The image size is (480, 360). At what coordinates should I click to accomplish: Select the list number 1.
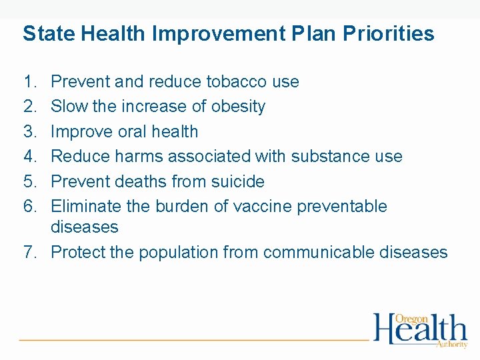pyautogui.click(x=29, y=82)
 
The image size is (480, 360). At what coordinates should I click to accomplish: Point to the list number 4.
pyautogui.click(x=29, y=157)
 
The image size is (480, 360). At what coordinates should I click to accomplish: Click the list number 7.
pyautogui.click(x=29, y=253)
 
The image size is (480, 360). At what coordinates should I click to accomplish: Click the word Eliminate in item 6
pyautogui.click(x=85, y=207)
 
